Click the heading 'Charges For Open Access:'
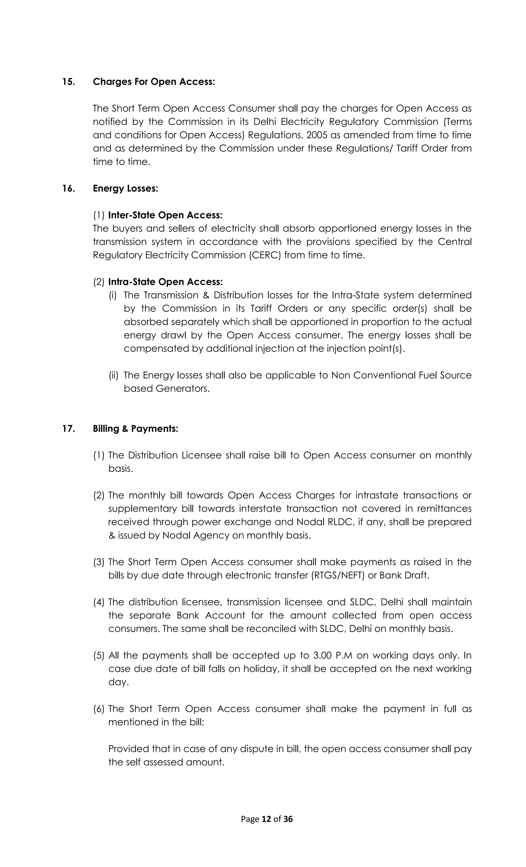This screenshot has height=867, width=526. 154,82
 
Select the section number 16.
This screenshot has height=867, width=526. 69,189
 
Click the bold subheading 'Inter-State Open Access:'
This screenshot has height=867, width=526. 165,215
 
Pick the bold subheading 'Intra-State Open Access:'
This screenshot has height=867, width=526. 165,282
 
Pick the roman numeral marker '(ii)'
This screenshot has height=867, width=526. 114,376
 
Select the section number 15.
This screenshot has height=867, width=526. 69,82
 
